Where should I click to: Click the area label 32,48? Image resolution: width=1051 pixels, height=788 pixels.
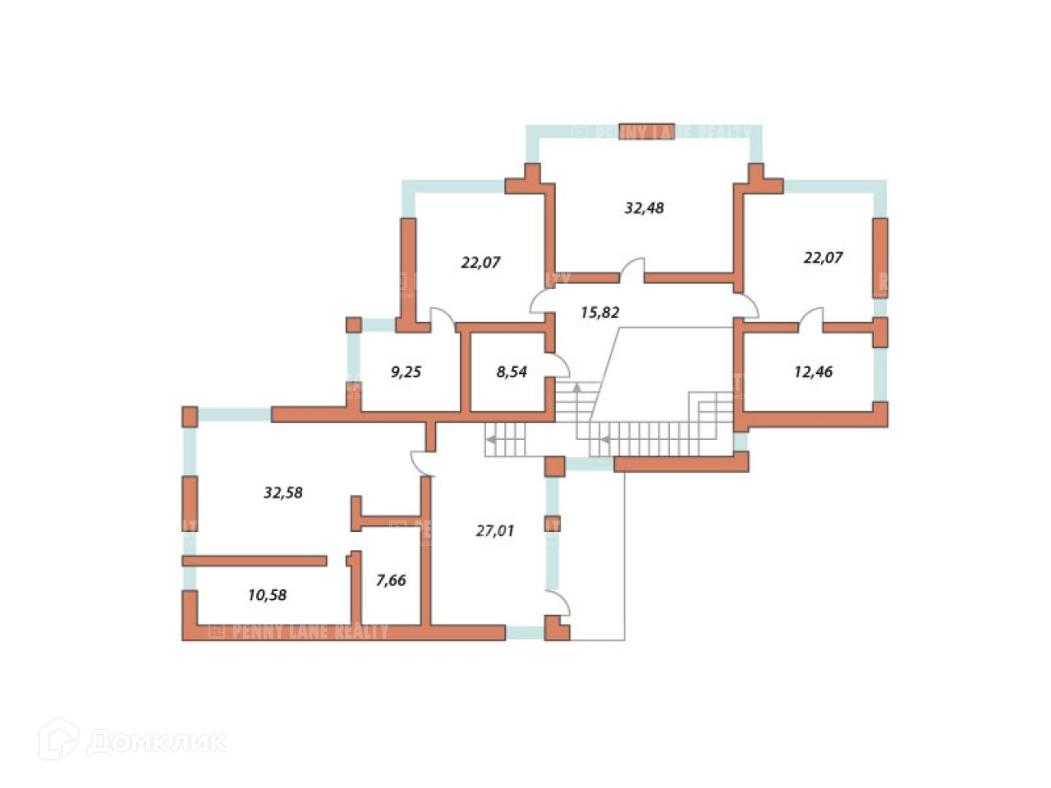[644, 208]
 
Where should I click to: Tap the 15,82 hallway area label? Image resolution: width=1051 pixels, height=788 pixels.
[599, 312]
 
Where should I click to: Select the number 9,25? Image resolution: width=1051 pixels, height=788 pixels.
[406, 372]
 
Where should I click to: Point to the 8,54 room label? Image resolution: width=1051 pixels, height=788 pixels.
[512, 372]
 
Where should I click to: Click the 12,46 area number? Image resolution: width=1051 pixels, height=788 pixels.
[813, 372]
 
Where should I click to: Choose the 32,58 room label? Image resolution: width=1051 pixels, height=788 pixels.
[283, 492]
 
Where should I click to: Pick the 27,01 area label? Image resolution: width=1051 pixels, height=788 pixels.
[495, 530]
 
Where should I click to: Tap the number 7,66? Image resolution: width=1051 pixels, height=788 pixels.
[391, 580]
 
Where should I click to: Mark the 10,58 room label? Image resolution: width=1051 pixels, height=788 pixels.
[267, 595]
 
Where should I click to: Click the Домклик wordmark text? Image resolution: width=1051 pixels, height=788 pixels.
[156, 742]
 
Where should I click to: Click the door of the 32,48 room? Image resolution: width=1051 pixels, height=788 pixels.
[632, 270]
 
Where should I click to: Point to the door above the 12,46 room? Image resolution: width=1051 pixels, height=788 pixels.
[811, 318]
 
